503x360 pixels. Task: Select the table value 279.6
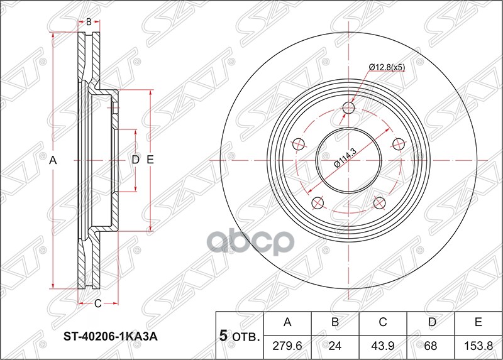pos(288,346)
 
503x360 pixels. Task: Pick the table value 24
pos(336,346)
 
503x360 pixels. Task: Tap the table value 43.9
pos(383,346)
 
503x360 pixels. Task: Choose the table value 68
pos(431,346)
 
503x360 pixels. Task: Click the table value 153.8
pos(478,346)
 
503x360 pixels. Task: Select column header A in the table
pos(288,323)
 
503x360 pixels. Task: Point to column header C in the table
pos(383,323)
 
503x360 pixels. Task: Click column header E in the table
pos(478,323)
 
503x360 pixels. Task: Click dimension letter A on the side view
pos(54,161)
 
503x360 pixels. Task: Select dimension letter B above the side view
pos(89,22)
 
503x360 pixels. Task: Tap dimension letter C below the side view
pos(97,305)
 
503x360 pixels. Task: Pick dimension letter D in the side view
pos(135,160)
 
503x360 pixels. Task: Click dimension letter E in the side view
pos(150,160)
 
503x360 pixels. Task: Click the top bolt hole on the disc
pos(349,109)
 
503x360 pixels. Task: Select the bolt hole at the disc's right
pos(397,145)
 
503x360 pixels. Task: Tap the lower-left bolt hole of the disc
pos(318,202)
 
